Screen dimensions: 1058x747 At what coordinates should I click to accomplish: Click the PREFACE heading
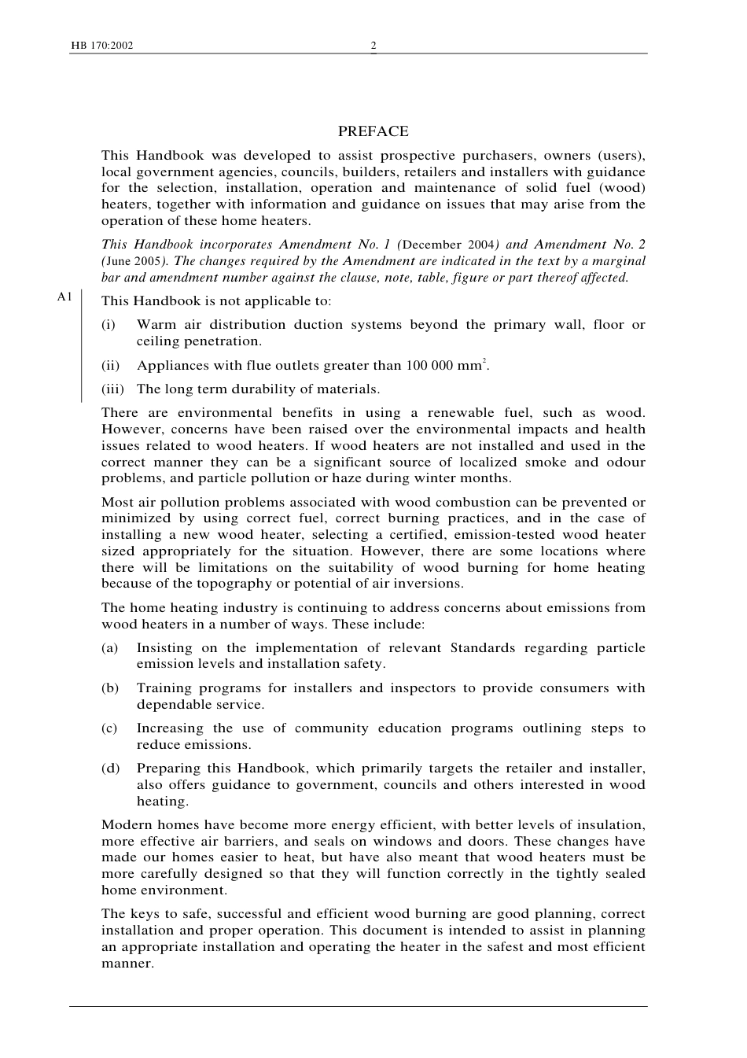click(x=373, y=131)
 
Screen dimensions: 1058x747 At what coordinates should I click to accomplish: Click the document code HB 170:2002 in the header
click(x=101, y=46)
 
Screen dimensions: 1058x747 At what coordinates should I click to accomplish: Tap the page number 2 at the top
click(x=373, y=46)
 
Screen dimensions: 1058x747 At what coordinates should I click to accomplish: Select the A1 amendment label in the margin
click(x=64, y=297)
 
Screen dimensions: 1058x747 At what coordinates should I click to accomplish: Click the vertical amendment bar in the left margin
click(x=82, y=347)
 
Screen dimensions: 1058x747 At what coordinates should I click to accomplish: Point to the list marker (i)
click(x=108, y=325)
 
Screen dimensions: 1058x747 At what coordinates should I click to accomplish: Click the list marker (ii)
click(x=110, y=366)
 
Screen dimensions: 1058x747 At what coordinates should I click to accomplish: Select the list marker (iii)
click(x=112, y=389)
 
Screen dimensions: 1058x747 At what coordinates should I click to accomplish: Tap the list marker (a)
click(x=109, y=648)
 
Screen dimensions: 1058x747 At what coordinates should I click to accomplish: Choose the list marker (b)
click(x=109, y=688)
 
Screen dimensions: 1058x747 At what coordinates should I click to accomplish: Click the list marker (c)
click(x=109, y=728)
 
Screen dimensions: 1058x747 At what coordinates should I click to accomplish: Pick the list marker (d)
click(x=109, y=769)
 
